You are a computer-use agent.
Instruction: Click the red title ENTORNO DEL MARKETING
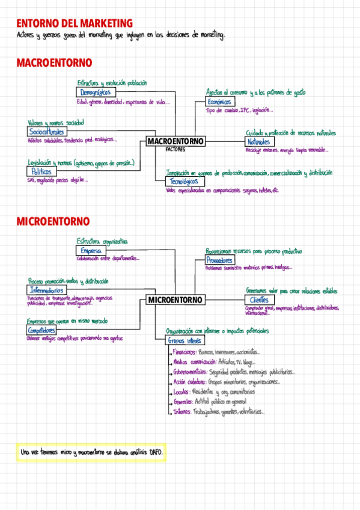pyautogui.click(x=75, y=23)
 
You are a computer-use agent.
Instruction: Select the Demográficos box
pyautogui.click(x=96, y=93)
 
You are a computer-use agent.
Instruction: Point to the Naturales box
pyautogui.click(x=258, y=141)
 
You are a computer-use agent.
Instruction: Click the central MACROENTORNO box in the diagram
pyautogui.click(x=175, y=141)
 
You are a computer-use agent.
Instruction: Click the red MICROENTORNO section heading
pyautogui.click(x=53, y=222)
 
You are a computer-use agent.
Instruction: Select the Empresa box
pyautogui.click(x=91, y=250)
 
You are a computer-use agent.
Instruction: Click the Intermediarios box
pyautogui.click(x=50, y=290)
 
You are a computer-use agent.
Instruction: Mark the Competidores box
pyautogui.click(x=42, y=331)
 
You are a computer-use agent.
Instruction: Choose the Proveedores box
pyautogui.click(x=219, y=260)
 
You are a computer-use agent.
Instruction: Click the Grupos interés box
pyautogui.click(x=185, y=340)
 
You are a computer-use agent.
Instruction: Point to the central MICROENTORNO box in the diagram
pyautogui.click(x=175, y=300)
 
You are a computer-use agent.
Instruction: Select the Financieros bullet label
pyautogui.click(x=185, y=352)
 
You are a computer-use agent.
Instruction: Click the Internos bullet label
pyautogui.click(x=182, y=412)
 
